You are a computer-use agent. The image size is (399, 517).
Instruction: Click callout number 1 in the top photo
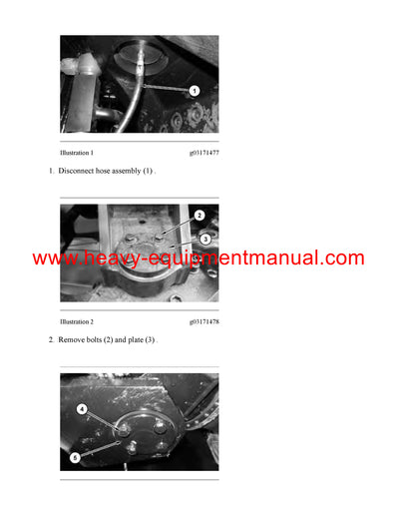195,91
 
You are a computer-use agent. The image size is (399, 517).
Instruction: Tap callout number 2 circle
199,216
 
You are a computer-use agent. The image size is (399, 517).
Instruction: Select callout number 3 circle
204,239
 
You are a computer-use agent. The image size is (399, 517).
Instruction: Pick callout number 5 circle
74,457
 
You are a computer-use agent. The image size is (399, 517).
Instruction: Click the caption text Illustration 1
77,153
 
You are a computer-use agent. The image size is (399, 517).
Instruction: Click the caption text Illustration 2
77,322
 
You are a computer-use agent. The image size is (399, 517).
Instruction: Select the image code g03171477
203,153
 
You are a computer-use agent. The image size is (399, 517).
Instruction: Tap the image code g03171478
203,322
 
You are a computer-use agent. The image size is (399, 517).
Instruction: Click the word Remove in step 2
72,340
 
